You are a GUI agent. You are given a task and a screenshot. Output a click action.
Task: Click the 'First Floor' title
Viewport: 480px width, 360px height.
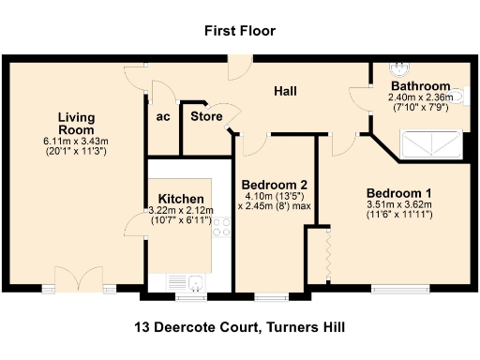pos(240,31)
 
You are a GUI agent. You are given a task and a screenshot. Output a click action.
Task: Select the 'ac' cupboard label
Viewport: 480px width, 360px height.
pos(163,117)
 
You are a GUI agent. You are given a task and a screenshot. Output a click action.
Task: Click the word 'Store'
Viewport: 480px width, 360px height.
pos(206,116)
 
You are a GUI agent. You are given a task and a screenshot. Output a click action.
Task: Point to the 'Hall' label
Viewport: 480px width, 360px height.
pos(285,91)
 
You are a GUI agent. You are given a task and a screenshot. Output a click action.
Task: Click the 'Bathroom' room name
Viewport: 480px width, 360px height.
pos(420,85)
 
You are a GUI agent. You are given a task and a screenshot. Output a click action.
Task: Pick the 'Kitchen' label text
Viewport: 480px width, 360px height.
pos(181,199)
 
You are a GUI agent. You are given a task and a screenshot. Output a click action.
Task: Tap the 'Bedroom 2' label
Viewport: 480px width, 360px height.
pos(274,184)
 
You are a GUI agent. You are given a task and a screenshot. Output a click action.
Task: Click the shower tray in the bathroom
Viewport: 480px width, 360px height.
pos(430,143)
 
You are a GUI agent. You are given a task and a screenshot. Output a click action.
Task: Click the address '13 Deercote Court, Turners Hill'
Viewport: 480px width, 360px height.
pos(240,326)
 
